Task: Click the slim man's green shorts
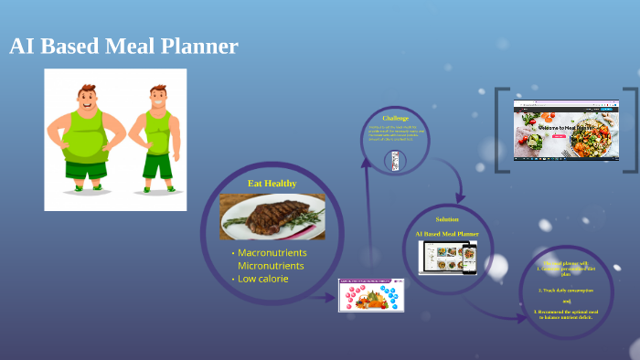157,165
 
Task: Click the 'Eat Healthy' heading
272,184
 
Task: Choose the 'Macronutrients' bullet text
272,252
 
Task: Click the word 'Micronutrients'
272,265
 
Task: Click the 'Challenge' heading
395,119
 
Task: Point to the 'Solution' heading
447,219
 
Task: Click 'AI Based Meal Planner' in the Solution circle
447,234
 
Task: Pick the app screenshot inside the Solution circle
448,257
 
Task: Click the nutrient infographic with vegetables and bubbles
370,294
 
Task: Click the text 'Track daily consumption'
566,290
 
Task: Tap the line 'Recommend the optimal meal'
565,312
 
